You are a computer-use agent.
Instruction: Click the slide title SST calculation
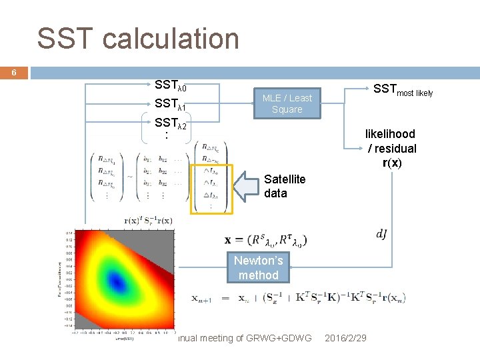pyautogui.click(x=138, y=39)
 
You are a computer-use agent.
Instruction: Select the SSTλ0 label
pyautogui.click(x=170, y=86)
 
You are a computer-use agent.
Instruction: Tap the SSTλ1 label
pyautogui.click(x=170, y=105)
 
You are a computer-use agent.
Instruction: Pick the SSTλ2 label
pyautogui.click(x=170, y=123)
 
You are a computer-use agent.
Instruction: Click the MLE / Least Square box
pyautogui.click(x=287, y=103)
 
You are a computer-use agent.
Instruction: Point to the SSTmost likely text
pyautogui.click(x=402, y=90)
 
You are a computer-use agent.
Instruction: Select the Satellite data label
pyautogui.click(x=285, y=186)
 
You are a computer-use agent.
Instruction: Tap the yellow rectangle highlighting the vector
pyautogui.click(x=211, y=189)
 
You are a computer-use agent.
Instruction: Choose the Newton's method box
pyautogui.click(x=258, y=267)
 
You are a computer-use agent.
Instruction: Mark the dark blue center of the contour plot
pyautogui.click(x=118, y=283)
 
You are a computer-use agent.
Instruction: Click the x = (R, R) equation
pyautogui.click(x=265, y=239)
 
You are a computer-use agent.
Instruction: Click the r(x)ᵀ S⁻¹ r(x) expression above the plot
pyautogui.click(x=149, y=221)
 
